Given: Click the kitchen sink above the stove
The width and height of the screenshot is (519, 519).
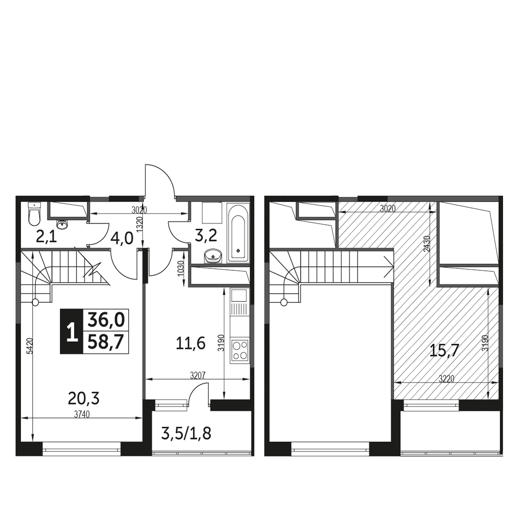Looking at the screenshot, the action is [x=239, y=296].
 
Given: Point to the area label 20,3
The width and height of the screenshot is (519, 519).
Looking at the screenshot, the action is [x=84, y=398].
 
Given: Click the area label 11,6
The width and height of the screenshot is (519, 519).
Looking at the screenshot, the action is [x=191, y=344].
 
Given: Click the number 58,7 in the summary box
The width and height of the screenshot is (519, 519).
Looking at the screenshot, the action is [x=105, y=342].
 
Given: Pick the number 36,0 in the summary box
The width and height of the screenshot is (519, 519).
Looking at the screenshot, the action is [x=105, y=320].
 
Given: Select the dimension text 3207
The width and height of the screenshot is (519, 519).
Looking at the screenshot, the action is [x=198, y=376].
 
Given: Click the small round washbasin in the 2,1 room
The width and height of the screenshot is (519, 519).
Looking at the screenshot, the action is [x=63, y=224].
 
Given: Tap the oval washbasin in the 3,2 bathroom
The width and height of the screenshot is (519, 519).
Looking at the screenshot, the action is [x=213, y=255].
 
